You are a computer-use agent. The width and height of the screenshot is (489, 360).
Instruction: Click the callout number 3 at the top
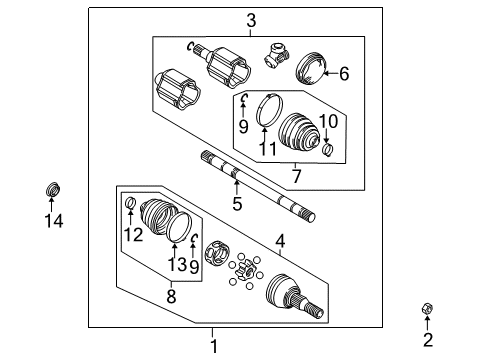tap(251, 21)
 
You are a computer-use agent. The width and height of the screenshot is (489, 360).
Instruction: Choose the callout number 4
tap(343, 73)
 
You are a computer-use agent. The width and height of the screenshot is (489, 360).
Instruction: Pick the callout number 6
tap(297, 177)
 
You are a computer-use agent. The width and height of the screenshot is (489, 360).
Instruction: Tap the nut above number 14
tap(53, 189)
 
